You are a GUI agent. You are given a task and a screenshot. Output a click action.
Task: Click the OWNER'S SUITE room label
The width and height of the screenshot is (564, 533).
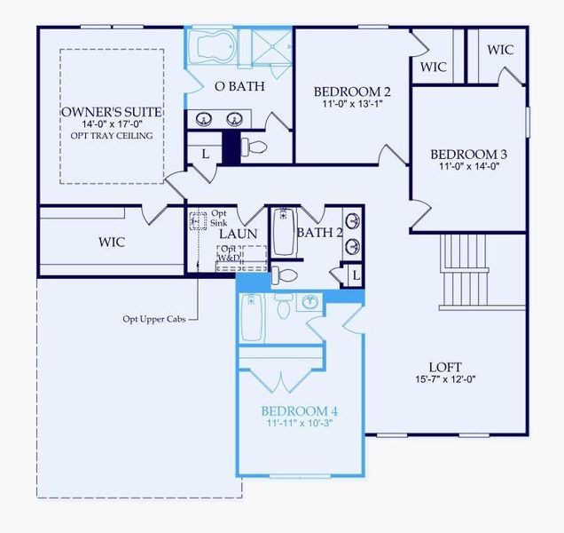click(x=112, y=113)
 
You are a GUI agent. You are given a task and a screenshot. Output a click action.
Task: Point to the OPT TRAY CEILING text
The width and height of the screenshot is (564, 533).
click(x=112, y=136)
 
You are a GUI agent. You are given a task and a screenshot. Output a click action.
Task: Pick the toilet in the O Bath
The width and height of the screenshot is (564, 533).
click(x=256, y=147)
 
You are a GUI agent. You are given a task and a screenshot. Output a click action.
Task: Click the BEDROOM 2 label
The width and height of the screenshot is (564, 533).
click(x=352, y=91)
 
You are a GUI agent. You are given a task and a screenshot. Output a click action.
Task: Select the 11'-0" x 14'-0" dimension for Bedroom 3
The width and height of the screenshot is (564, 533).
click(x=468, y=166)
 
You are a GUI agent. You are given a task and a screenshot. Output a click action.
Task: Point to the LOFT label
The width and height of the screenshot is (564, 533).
click(x=445, y=367)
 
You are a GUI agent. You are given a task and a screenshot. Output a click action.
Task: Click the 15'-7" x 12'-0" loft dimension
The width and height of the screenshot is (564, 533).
click(x=445, y=381)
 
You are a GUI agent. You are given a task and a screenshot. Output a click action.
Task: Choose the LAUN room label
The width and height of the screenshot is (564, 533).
click(x=239, y=234)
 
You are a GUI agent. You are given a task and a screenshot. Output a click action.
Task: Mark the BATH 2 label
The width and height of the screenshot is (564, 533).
click(x=318, y=233)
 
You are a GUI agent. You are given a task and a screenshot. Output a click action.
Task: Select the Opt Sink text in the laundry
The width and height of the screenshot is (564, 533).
click(x=219, y=218)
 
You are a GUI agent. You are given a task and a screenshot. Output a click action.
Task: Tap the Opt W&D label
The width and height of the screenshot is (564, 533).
click(x=229, y=253)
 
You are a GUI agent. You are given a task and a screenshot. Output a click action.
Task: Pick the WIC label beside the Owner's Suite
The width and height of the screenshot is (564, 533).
click(x=112, y=242)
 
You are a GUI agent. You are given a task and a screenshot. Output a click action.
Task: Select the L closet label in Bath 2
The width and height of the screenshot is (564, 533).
click(x=356, y=276)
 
